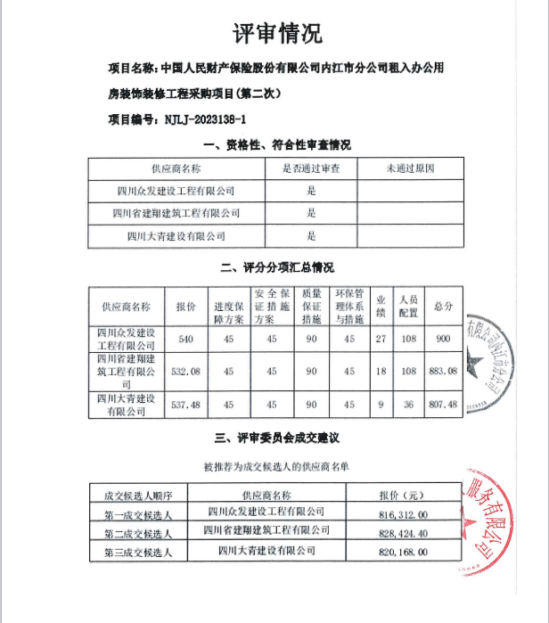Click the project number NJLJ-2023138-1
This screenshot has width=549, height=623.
tap(206, 118)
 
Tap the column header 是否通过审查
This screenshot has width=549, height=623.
tap(312, 168)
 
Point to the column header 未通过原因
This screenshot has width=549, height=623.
tap(410, 168)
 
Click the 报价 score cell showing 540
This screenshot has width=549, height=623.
tap(186, 340)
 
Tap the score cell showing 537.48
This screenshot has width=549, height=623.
tap(186, 404)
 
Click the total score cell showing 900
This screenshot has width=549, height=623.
tap(443, 340)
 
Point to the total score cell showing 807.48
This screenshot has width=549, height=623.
tap(443, 404)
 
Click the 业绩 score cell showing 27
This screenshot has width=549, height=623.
tap(381, 340)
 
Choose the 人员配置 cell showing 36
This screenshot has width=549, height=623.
tap(409, 404)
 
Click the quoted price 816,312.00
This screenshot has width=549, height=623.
tap(404, 514)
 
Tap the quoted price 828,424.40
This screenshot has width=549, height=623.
tap(404, 533)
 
